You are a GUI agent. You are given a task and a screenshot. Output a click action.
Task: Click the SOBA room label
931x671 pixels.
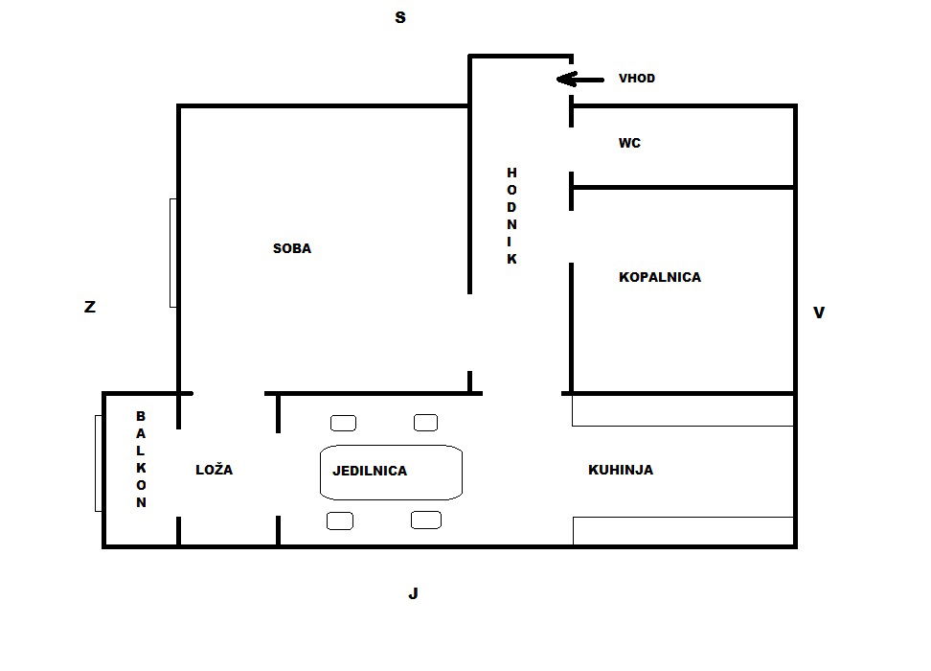tap(291, 248)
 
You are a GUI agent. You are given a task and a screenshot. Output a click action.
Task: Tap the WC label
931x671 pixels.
tap(629, 143)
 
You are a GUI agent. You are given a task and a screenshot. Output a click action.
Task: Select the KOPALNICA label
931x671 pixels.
tap(660, 277)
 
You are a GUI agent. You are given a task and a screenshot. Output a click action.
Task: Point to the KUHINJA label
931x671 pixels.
tap(621, 470)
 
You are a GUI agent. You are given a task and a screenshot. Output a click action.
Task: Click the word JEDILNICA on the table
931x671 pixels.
tap(370, 472)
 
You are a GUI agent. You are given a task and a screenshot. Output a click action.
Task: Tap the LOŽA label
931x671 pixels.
tap(214, 469)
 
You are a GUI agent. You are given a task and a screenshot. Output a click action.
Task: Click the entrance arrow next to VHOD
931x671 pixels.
tap(580, 79)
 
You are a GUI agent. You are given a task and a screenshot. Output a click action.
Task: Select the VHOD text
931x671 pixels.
tap(637, 79)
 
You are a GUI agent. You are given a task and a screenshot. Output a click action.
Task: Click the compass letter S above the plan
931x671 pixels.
tap(400, 18)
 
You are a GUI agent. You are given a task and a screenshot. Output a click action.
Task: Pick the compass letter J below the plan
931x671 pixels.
tap(413, 593)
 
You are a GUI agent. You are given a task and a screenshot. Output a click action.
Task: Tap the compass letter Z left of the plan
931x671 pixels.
tap(90, 307)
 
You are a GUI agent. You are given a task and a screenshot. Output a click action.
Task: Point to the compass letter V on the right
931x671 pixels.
tap(819, 312)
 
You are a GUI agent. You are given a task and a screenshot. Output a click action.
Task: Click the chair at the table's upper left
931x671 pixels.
tap(343, 423)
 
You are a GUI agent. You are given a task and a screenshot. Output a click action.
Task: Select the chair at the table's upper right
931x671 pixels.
tap(425, 423)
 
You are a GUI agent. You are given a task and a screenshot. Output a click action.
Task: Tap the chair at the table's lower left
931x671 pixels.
tap(340, 521)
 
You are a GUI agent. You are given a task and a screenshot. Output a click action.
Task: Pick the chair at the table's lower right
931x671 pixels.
tap(425, 521)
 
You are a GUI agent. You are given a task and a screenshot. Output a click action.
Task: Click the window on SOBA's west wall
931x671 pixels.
tap(172, 253)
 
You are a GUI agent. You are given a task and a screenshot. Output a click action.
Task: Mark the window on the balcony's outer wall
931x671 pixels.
tap(99, 464)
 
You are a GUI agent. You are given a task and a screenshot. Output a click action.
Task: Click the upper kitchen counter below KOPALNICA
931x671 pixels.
tap(683, 410)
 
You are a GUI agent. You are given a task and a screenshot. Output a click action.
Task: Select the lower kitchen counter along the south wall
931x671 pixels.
tap(684, 531)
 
